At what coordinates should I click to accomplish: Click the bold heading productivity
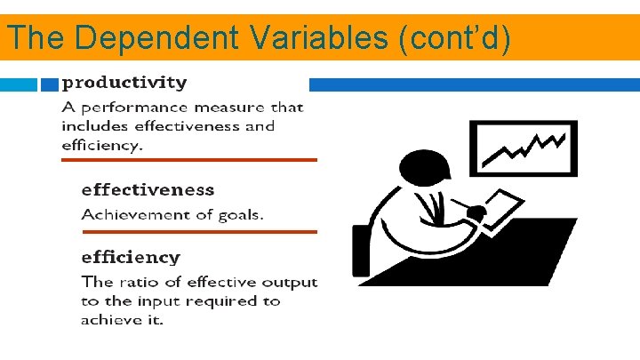click(x=124, y=84)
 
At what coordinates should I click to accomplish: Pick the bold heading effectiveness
click(x=148, y=189)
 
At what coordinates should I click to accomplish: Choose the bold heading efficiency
click(x=131, y=257)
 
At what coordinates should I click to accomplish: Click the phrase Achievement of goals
click(x=172, y=214)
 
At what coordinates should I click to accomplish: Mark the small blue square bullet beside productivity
click(x=50, y=84)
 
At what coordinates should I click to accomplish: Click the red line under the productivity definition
click(x=188, y=160)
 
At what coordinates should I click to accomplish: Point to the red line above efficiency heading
click(x=199, y=232)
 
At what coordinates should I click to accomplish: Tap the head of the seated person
click(x=420, y=168)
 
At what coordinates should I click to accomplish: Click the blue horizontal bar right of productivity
click(x=474, y=84)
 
